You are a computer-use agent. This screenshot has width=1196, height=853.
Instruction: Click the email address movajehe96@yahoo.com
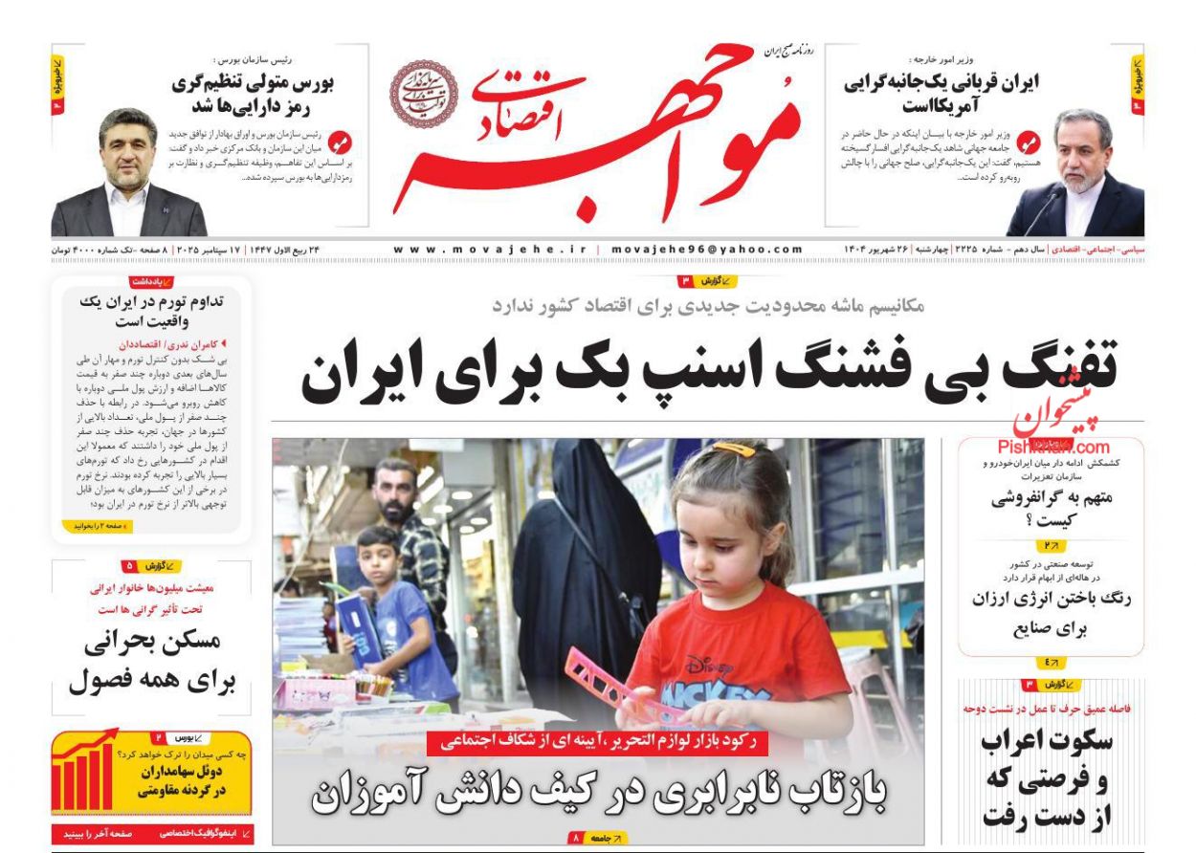point(707,250)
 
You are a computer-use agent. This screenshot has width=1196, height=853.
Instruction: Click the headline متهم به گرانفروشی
point(1051,509)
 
